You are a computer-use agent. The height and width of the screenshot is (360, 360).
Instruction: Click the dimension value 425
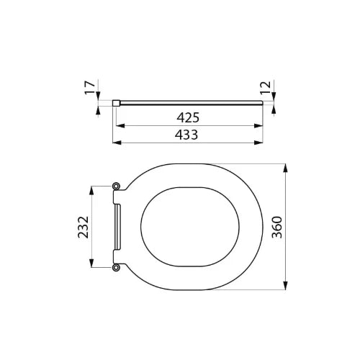pyautogui.click(x=188, y=117)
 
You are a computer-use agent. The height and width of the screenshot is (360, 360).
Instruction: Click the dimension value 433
pyautogui.click(x=186, y=135)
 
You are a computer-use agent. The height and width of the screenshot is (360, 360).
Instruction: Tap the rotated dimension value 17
pyautogui.click(x=90, y=88)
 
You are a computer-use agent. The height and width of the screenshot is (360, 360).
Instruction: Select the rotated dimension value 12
pyautogui.click(x=266, y=88)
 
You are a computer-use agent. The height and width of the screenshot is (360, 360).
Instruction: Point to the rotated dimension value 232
pyautogui.click(x=84, y=227)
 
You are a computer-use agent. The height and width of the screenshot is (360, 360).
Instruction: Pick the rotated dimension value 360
pyautogui.click(x=277, y=227)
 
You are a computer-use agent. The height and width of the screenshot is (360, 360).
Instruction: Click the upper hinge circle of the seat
pyautogui.click(x=116, y=186)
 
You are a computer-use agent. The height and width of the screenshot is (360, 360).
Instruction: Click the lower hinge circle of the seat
pyautogui.click(x=116, y=267)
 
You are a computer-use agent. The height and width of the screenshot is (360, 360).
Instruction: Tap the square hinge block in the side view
pyautogui.click(x=116, y=103)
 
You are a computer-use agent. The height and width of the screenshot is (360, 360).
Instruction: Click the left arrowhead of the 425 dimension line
pyautogui.click(x=120, y=126)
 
